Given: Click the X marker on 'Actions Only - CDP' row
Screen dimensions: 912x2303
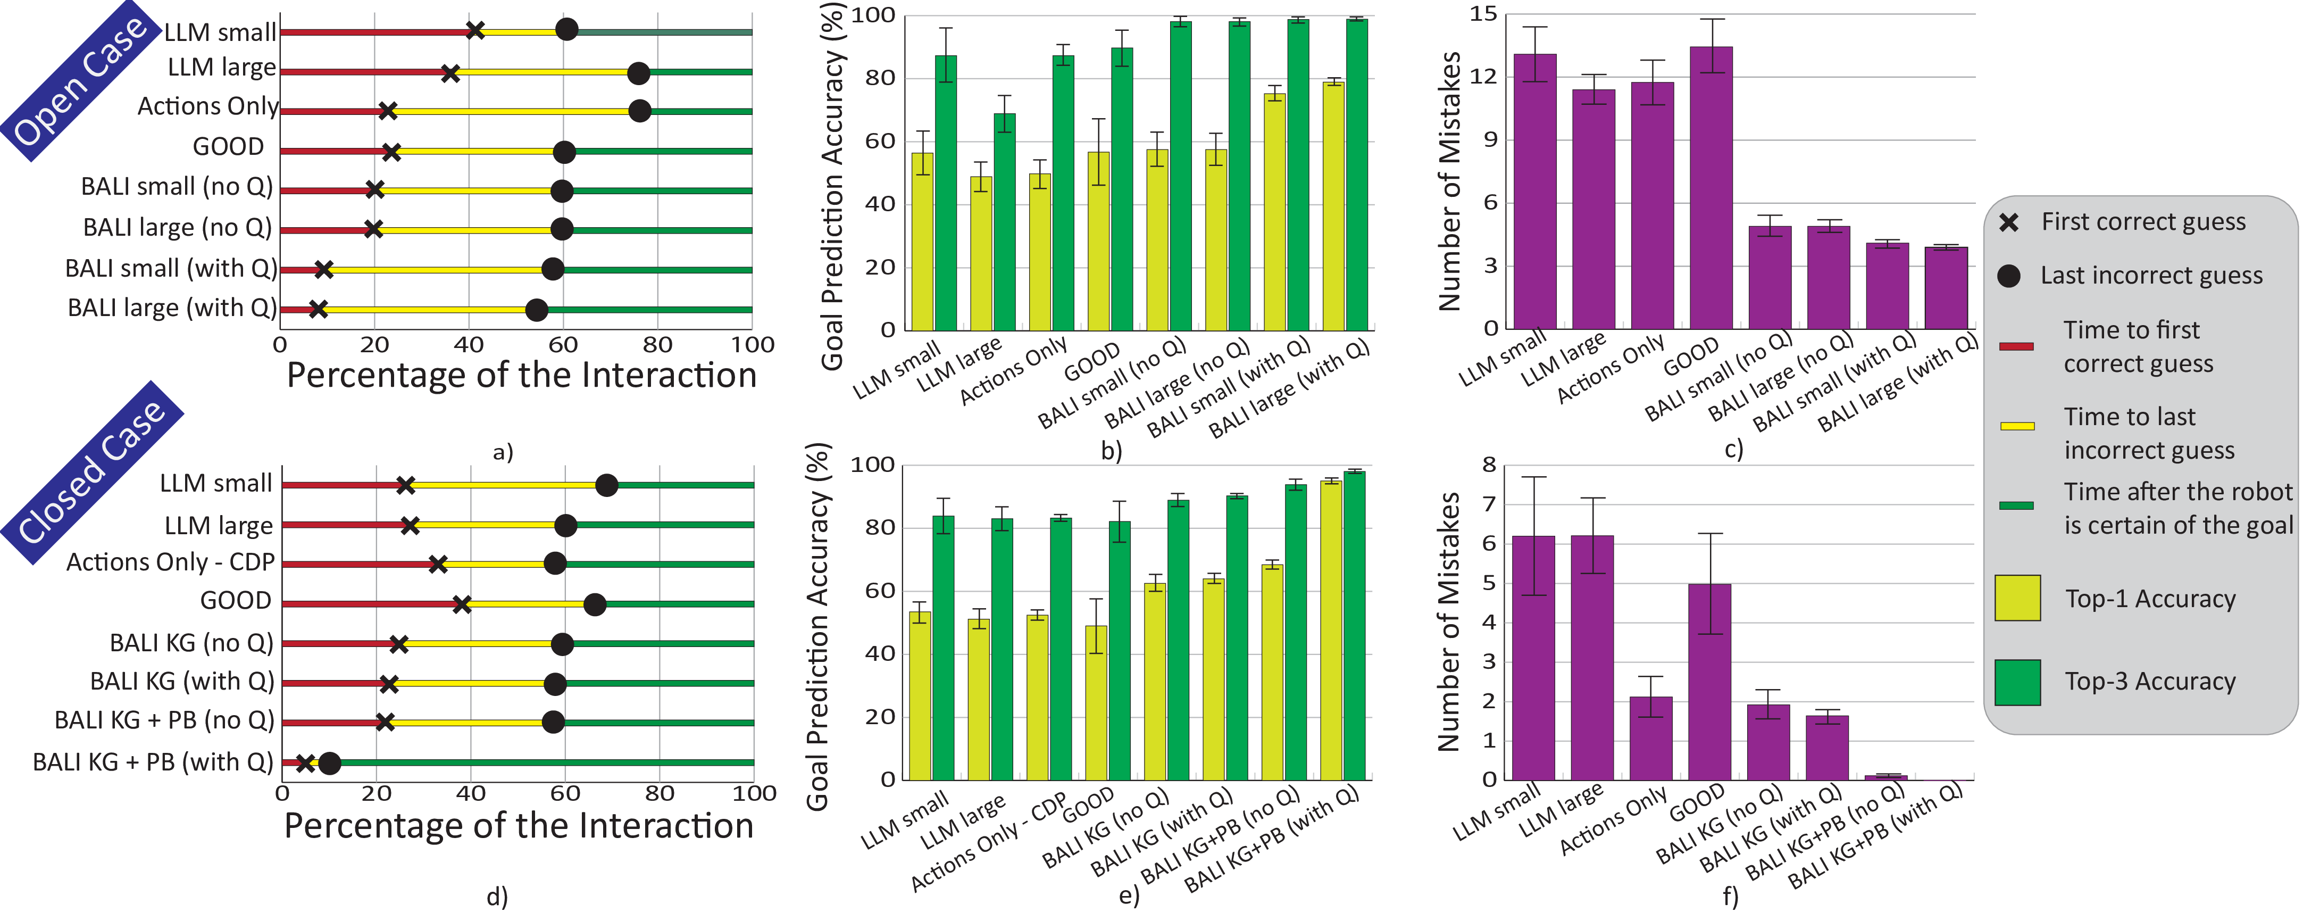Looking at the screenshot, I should point(437,564).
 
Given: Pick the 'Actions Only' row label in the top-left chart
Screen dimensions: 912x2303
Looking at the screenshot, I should point(207,106).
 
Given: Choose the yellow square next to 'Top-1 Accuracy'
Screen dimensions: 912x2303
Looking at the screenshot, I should point(2017,598).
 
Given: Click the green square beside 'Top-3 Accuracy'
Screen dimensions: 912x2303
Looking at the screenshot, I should point(2017,682).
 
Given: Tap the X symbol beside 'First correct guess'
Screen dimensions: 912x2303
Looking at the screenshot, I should point(2009,222).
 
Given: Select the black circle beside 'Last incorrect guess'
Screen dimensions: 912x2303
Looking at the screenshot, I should point(2009,276).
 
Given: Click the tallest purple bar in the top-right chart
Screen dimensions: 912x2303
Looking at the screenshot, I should point(1710,188).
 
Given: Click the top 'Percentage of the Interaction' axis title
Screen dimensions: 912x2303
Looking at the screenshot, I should point(521,376).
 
